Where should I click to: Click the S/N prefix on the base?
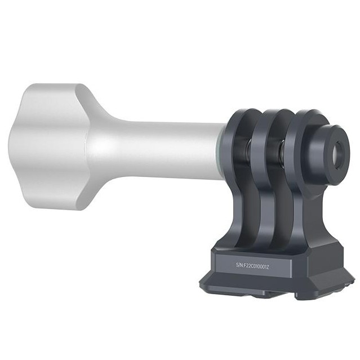coord(241,263)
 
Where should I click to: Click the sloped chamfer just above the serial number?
coord(254,248)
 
